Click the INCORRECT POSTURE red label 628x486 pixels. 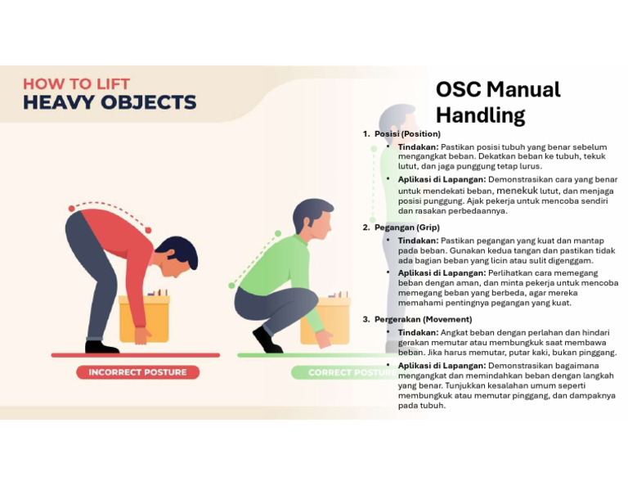(137, 372)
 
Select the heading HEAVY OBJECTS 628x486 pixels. (110, 103)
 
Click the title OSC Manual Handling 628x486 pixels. (497, 101)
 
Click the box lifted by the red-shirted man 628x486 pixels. (144, 317)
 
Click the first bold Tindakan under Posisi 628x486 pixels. (418, 146)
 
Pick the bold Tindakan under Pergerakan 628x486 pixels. (418, 332)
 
